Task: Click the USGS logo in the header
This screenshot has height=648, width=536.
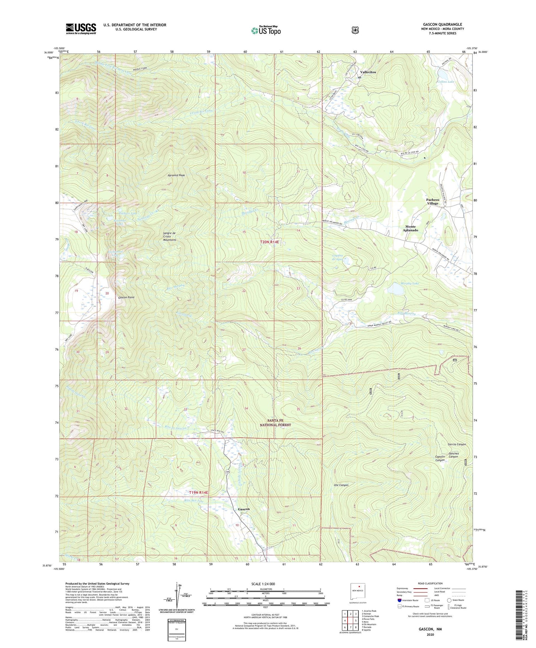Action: [x=81, y=29]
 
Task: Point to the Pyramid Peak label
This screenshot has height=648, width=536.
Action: [x=176, y=175]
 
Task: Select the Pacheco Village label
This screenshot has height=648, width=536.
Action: [x=432, y=202]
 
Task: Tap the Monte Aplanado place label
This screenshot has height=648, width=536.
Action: [x=411, y=228]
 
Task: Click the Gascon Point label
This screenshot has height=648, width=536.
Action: [x=126, y=298]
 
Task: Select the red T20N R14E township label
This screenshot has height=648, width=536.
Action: [x=269, y=242]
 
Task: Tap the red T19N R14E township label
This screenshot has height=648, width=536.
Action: [x=199, y=492]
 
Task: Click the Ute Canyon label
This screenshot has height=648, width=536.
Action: [x=341, y=485]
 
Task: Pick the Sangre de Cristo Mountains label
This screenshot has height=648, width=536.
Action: [x=170, y=236]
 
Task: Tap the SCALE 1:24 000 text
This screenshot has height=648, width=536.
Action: [x=263, y=584]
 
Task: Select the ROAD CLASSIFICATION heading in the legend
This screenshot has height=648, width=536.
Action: [x=431, y=584]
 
